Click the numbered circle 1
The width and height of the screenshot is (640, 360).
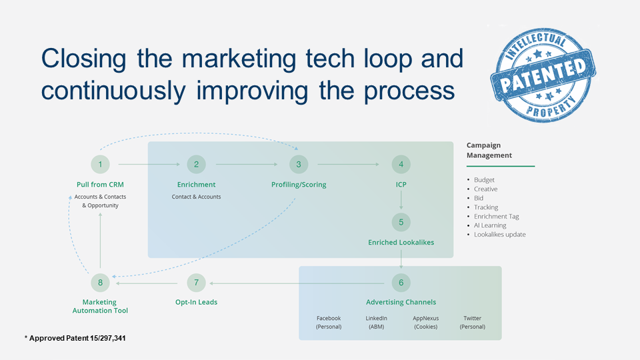tap(100, 164)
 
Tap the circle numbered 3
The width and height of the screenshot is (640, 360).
tap(299, 164)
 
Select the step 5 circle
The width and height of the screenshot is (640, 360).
tap(401, 222)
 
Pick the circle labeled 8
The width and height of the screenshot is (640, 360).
tap(100, 283)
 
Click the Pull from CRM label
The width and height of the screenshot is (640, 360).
tap(100, 185)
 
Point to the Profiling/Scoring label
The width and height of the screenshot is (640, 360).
tap(299, 185)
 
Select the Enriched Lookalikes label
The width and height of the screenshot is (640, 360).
tap(401, 243)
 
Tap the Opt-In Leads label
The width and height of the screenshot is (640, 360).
tap(196, 302)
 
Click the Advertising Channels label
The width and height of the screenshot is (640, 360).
tap(401, 302)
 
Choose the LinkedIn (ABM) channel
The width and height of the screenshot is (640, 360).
tap(377, 323)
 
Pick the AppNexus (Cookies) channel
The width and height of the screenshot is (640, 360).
tap(425, 323)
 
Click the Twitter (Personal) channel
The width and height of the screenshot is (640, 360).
tap(473, 323)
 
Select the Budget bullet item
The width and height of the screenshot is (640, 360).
tap(485, 180)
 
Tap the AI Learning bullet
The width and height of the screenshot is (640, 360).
tap(490, 225)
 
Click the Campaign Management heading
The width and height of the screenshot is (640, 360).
tap(489, 150)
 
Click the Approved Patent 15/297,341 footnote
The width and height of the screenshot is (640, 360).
tap(75, 339)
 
